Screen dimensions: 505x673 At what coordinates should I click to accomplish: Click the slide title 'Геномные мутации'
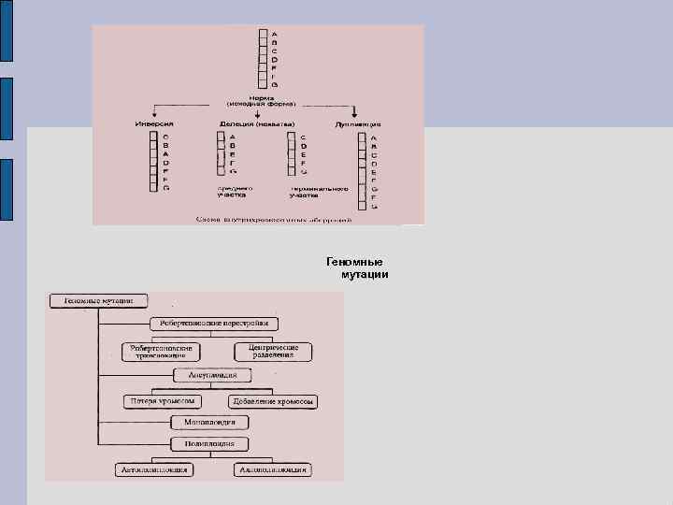click(357, 268)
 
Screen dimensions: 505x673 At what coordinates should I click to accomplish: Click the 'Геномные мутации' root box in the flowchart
click(97, 301)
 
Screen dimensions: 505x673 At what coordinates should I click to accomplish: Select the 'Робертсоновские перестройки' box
click(213, 324)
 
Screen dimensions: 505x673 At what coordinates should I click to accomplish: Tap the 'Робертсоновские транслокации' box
click(160, 352)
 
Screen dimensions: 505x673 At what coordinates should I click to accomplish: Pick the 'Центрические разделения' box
click(272, 352)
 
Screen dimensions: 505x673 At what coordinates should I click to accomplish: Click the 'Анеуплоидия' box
click(213, 375)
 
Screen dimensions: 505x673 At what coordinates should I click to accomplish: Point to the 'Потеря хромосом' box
click(162, 401)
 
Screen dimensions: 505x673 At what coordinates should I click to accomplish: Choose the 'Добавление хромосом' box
click(274, 402)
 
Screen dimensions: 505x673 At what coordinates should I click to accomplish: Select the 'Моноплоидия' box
click(208, 423)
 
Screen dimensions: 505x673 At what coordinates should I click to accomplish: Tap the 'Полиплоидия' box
click(209, 443)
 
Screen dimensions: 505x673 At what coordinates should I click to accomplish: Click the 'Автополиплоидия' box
click(153, 469)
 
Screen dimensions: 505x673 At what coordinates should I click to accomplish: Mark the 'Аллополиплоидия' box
click(273, 469)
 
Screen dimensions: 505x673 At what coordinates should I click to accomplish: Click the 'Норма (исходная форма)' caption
click(259, 99)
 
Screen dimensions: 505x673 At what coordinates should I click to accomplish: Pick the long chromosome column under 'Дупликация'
click(361, 171)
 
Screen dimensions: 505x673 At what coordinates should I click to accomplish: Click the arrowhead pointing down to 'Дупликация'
click(361, 116)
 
